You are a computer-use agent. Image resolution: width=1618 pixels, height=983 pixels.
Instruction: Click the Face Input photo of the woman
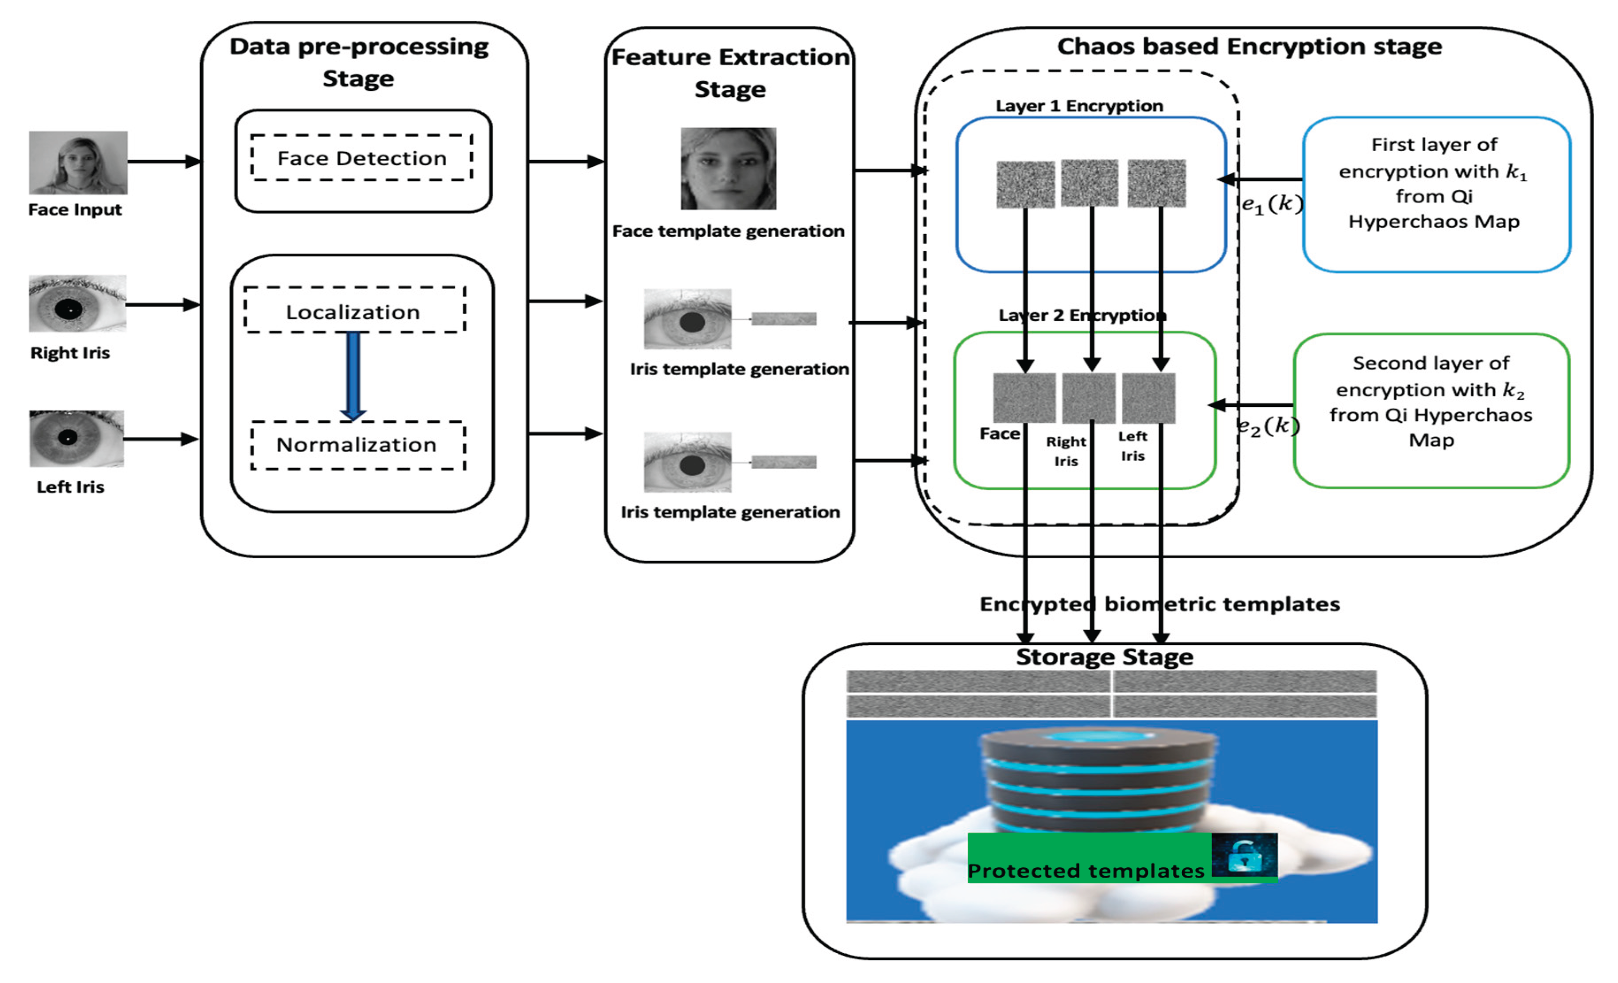pyautogui.click(x=78, y=162)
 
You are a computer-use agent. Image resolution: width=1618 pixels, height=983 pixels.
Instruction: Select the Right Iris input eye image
pyautogui.click(x=78, y=303)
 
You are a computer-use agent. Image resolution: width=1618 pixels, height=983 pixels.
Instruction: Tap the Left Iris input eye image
pyautogui.click(x=77, y=438)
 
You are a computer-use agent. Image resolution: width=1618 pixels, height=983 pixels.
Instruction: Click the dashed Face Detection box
pyautogui.click(x=362, y=158)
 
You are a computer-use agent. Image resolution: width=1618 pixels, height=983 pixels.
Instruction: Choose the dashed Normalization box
pyautogui.click(x=358, y=445)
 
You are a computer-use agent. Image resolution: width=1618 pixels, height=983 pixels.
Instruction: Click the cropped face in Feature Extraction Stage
pyautogui.click(x=728, y=169)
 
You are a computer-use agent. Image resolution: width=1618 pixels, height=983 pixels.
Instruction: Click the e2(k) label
pyautogui.click(x=1268, y=427)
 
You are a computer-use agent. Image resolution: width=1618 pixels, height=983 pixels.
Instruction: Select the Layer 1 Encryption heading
pyautogui.click(x=1079, y=106)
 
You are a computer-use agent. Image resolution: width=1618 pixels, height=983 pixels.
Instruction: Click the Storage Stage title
pyautogui.click(x=1104, y=657)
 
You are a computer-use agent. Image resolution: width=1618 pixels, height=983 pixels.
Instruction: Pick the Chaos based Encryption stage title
pyautogui.click(x=1249, y=47)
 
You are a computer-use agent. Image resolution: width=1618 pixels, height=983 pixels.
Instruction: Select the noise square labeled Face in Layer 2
pyautogui.click(x=1024, y=397)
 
